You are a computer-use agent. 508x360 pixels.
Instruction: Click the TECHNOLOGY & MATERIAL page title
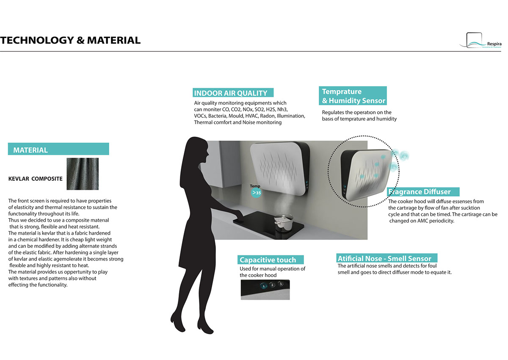point(70,40)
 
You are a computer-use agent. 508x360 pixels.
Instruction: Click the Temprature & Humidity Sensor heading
point(353,96)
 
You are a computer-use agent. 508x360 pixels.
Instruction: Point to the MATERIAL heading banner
point(58,150)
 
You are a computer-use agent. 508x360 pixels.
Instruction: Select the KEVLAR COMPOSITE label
point(36,179)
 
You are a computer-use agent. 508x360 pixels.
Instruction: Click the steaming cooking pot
point(282,223)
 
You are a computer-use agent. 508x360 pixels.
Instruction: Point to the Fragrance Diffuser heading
point(420,192)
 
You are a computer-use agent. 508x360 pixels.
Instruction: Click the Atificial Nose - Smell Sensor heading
point(384,258)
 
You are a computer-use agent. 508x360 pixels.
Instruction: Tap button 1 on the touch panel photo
point(264,285)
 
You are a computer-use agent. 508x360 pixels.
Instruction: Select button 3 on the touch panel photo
point(280,284)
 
